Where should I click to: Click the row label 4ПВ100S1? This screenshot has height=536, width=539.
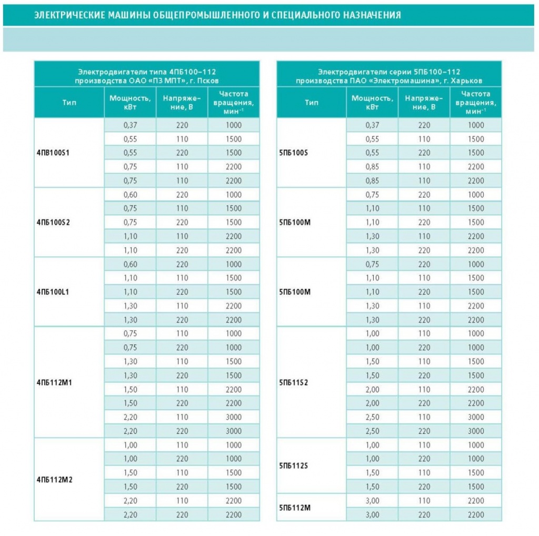coord(53,153)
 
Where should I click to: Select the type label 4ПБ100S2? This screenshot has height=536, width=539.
coord(53,223)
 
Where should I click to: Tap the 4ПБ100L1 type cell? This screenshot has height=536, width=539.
coord(53,292)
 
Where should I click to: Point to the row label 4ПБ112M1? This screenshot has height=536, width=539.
coord(54,382)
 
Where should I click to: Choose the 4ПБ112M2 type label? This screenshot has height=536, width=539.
coord(55,480)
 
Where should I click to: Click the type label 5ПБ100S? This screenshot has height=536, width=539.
coord(294,153)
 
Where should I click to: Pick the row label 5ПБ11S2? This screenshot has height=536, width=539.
coord(294,382)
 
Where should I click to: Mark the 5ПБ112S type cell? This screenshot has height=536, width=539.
coord(294,466)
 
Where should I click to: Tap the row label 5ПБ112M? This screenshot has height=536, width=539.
coord(295,508)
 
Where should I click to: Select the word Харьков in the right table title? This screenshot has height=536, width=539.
coord(467,81)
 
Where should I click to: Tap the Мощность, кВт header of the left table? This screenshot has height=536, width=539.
coord(131,103)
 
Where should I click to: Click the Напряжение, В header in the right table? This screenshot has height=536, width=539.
coord(424,103)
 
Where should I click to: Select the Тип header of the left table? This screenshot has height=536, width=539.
coord(69,103)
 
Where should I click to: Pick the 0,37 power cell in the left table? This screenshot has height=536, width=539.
coord(131,125)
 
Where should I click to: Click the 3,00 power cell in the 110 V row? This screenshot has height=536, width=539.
coord(372,501)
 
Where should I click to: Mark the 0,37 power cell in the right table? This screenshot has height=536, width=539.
coord(372,125)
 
